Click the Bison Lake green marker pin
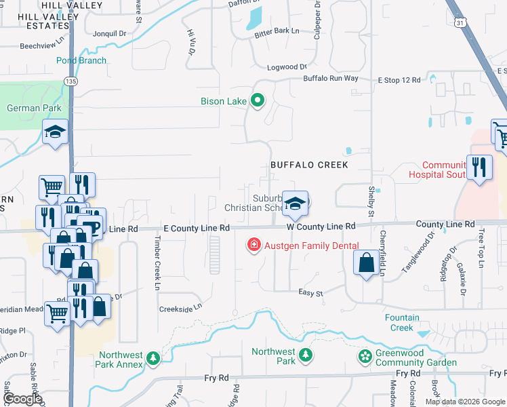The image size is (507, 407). [x=258, y=102]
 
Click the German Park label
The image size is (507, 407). [x=34, y=108]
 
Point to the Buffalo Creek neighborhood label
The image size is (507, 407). [x=309, y=165]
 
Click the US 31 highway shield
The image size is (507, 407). [x=461, y=22]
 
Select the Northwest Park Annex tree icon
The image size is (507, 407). [x=154, y=357]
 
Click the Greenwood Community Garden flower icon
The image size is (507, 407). [x=365, y=356]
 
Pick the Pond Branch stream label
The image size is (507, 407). [x=81, y=60]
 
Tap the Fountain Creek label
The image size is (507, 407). [x=403, y=322]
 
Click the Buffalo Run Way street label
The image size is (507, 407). [x=331, y=79]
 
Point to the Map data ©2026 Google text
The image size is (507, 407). [x=464, y=402]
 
